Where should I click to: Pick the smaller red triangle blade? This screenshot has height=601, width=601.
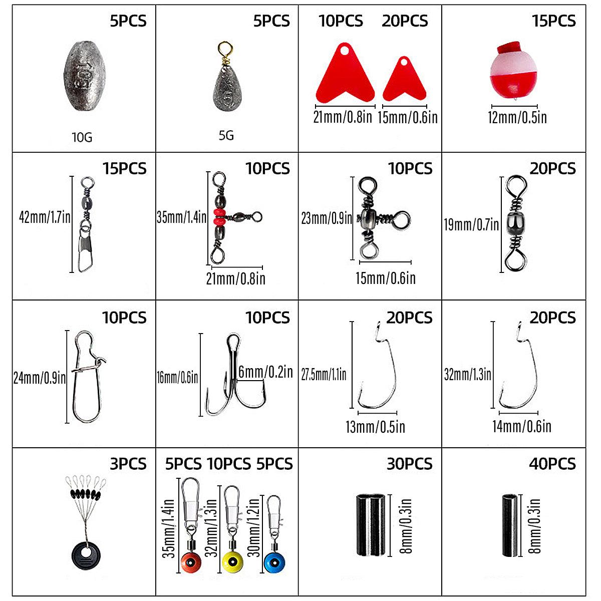(x=404, y=80)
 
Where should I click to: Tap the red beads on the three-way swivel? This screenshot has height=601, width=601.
(x=219, y=217)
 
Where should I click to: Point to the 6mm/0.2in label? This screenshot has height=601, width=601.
(x=265, y=372)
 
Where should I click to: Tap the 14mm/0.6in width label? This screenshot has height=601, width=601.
(x=521, y=426)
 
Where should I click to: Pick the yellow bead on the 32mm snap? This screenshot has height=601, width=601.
(x=232, y=562)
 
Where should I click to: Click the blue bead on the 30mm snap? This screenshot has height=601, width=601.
(x=273, y=563)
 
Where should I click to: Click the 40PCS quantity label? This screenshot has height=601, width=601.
(x=552, y=464)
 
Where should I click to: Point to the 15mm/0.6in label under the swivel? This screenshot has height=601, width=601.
(x=385, y=278)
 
